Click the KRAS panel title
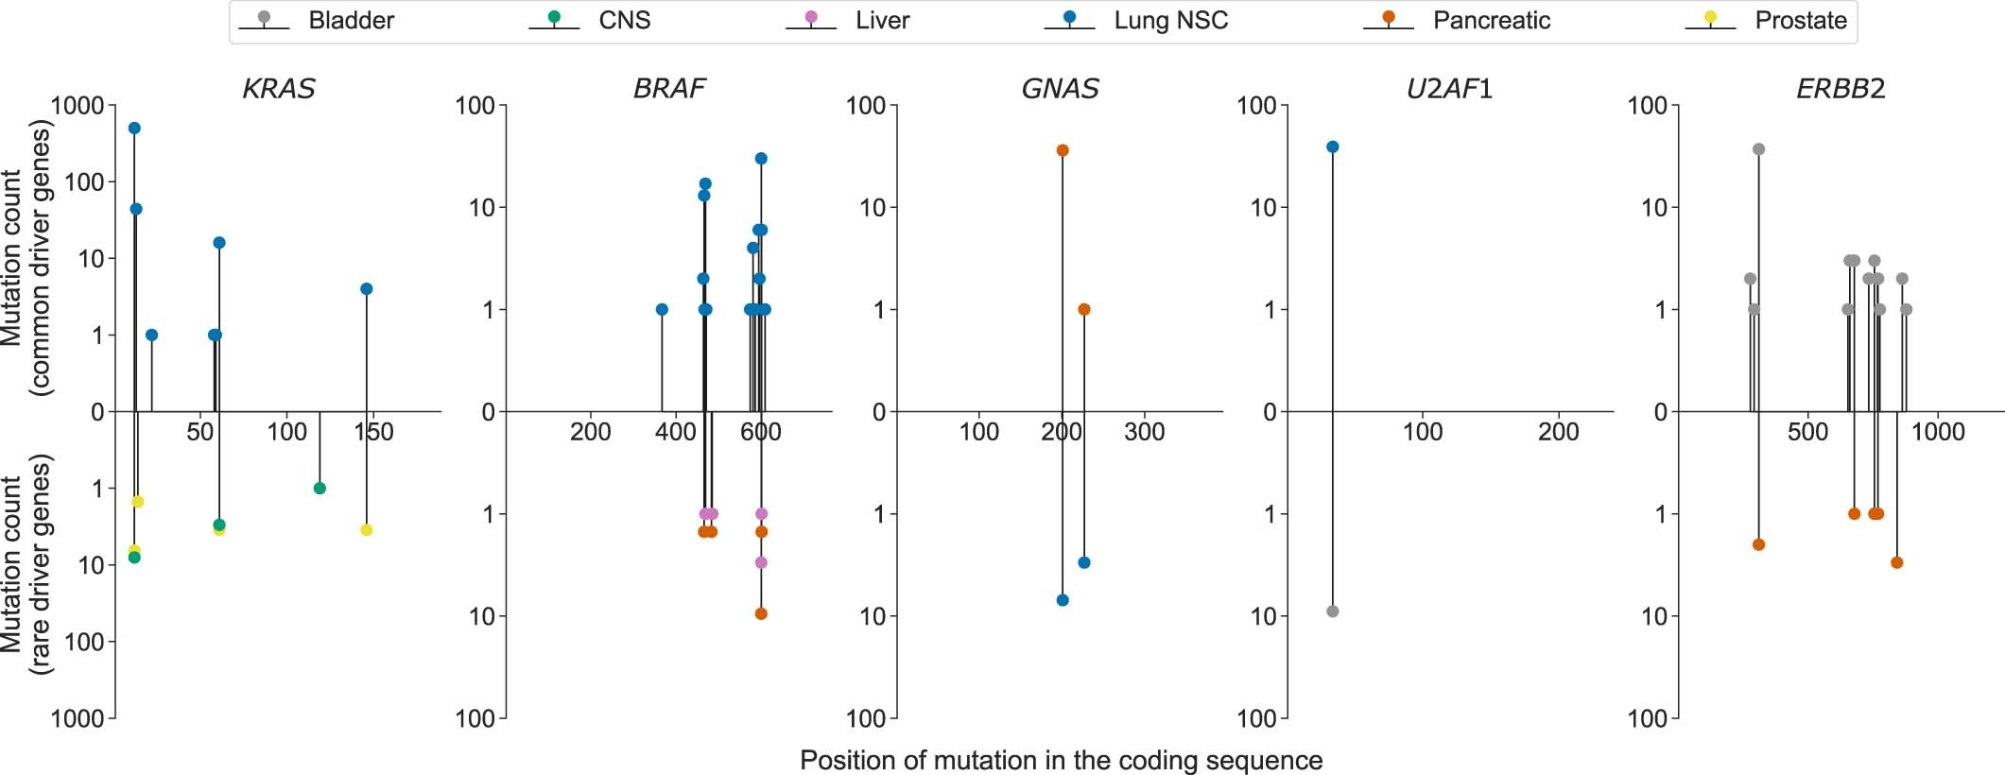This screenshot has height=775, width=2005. click(279, 89)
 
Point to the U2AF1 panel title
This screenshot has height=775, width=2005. click(1449, 89)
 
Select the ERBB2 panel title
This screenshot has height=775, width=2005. click(1840, 89)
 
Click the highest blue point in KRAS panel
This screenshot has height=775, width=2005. click(134, 129)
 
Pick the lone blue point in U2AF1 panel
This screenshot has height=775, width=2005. click(1333, 146)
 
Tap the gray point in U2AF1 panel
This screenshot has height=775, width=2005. click(1333, 611)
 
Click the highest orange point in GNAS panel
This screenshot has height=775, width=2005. click(1063, 150)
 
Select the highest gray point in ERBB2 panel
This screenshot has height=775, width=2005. click(1758, 149)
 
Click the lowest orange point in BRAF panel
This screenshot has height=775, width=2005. click(761, 614)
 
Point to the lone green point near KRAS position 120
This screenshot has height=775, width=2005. click(320, 489)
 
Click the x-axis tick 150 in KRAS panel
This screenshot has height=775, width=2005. click(373, 433)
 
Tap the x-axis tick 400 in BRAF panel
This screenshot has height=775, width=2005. click(675, 433)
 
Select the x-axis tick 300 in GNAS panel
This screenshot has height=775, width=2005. click(1144, 433)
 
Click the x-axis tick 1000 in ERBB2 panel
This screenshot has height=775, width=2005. click(1938, 433)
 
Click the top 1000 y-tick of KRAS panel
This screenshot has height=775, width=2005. click(78, 106)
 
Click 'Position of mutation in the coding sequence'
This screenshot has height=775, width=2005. click(1061, 761)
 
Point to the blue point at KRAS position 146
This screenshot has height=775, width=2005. click(367, 289)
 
